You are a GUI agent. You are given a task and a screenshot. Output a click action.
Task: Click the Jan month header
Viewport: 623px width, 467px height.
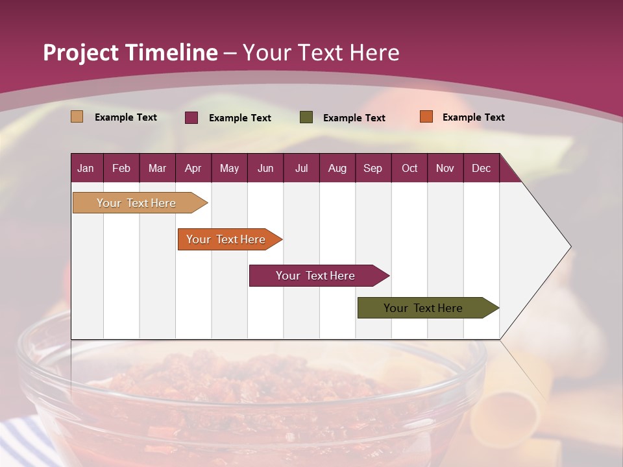(x=86, y=169)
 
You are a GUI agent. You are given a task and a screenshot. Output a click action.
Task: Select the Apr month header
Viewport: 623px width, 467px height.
(x=193, y=169)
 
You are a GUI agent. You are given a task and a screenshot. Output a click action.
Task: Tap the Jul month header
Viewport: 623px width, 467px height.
(x=301, y=169)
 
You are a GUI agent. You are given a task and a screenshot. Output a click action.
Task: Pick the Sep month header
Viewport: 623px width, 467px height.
(x=373, y=169)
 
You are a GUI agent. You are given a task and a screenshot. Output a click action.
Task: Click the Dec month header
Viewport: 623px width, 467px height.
(x=481, y=169)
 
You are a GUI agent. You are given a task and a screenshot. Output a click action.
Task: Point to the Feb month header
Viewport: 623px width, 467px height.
(x=121, y=169)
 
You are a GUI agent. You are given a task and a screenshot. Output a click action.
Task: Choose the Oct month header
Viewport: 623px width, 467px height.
(x=409, y=169)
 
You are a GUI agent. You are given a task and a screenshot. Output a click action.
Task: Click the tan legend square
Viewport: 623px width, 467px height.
(x=77, y=117)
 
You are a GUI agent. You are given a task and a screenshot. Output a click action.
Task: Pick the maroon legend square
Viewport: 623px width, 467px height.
(x=191, y=117)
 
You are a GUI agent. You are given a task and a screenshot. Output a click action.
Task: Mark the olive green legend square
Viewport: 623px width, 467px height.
(x=306, y=117)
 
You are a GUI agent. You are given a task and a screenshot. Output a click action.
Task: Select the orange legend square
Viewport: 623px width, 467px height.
(x=426, y=117)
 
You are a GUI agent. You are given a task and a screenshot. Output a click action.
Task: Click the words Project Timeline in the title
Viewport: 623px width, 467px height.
(x=130, y=53)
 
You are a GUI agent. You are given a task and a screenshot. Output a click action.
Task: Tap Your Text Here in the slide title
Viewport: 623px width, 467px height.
(x=321, y=53)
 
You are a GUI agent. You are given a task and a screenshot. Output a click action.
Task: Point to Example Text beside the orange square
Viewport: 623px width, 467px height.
(x=473, y=117)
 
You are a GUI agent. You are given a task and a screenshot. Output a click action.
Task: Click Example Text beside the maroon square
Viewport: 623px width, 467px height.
(x=239, y=118)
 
